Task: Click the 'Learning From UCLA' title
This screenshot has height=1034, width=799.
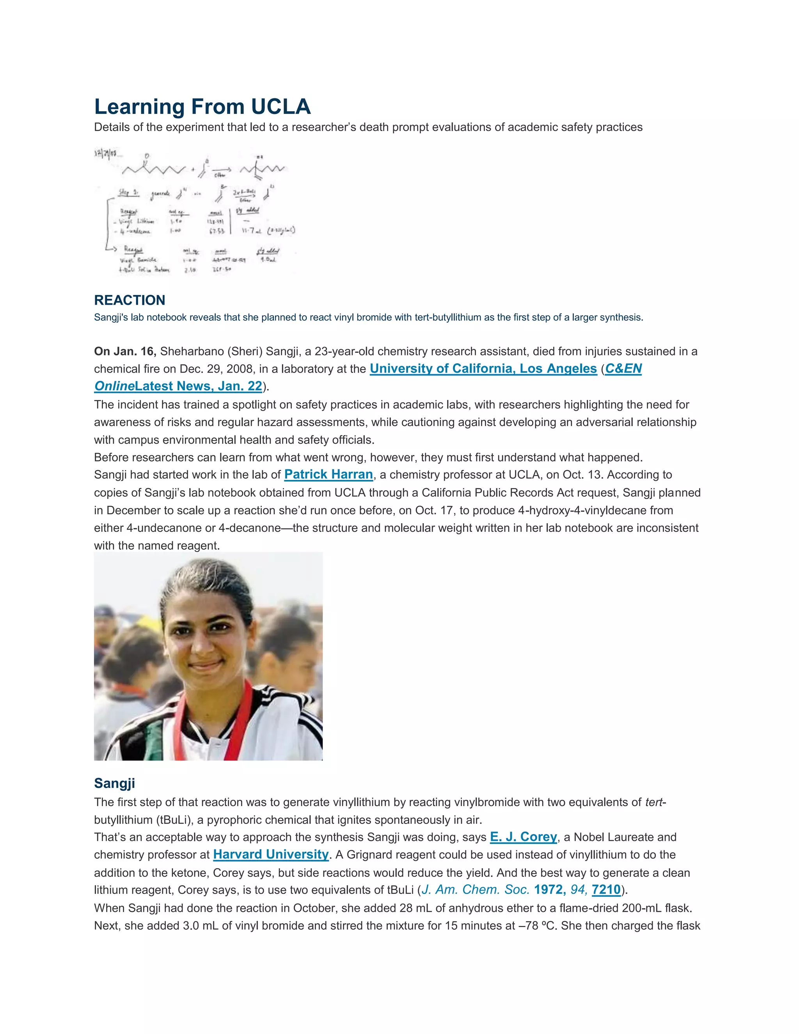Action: click(x=202, y=107)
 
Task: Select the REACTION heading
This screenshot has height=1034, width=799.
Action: click(x=130, y=300)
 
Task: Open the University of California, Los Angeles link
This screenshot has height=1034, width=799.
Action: click(x=483, y=369)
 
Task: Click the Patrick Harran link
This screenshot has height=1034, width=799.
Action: click(x=328, y=475)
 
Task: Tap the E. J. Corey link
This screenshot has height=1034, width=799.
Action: click(x=523, y=837)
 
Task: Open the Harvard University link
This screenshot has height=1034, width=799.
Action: click(x=271, y=855)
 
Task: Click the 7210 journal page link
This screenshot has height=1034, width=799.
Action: click(x=606, y=890)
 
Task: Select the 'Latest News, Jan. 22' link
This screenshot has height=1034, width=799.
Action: click(x=198, y=386)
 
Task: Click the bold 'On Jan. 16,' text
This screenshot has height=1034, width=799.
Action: click(x=125, y=351)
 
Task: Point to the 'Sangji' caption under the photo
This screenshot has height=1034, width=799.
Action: click(x=115, y=783)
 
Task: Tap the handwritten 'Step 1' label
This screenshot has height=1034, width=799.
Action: click(x=128, y=192)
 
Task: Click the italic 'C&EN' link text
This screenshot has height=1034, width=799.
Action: click(x=623, y=369)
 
